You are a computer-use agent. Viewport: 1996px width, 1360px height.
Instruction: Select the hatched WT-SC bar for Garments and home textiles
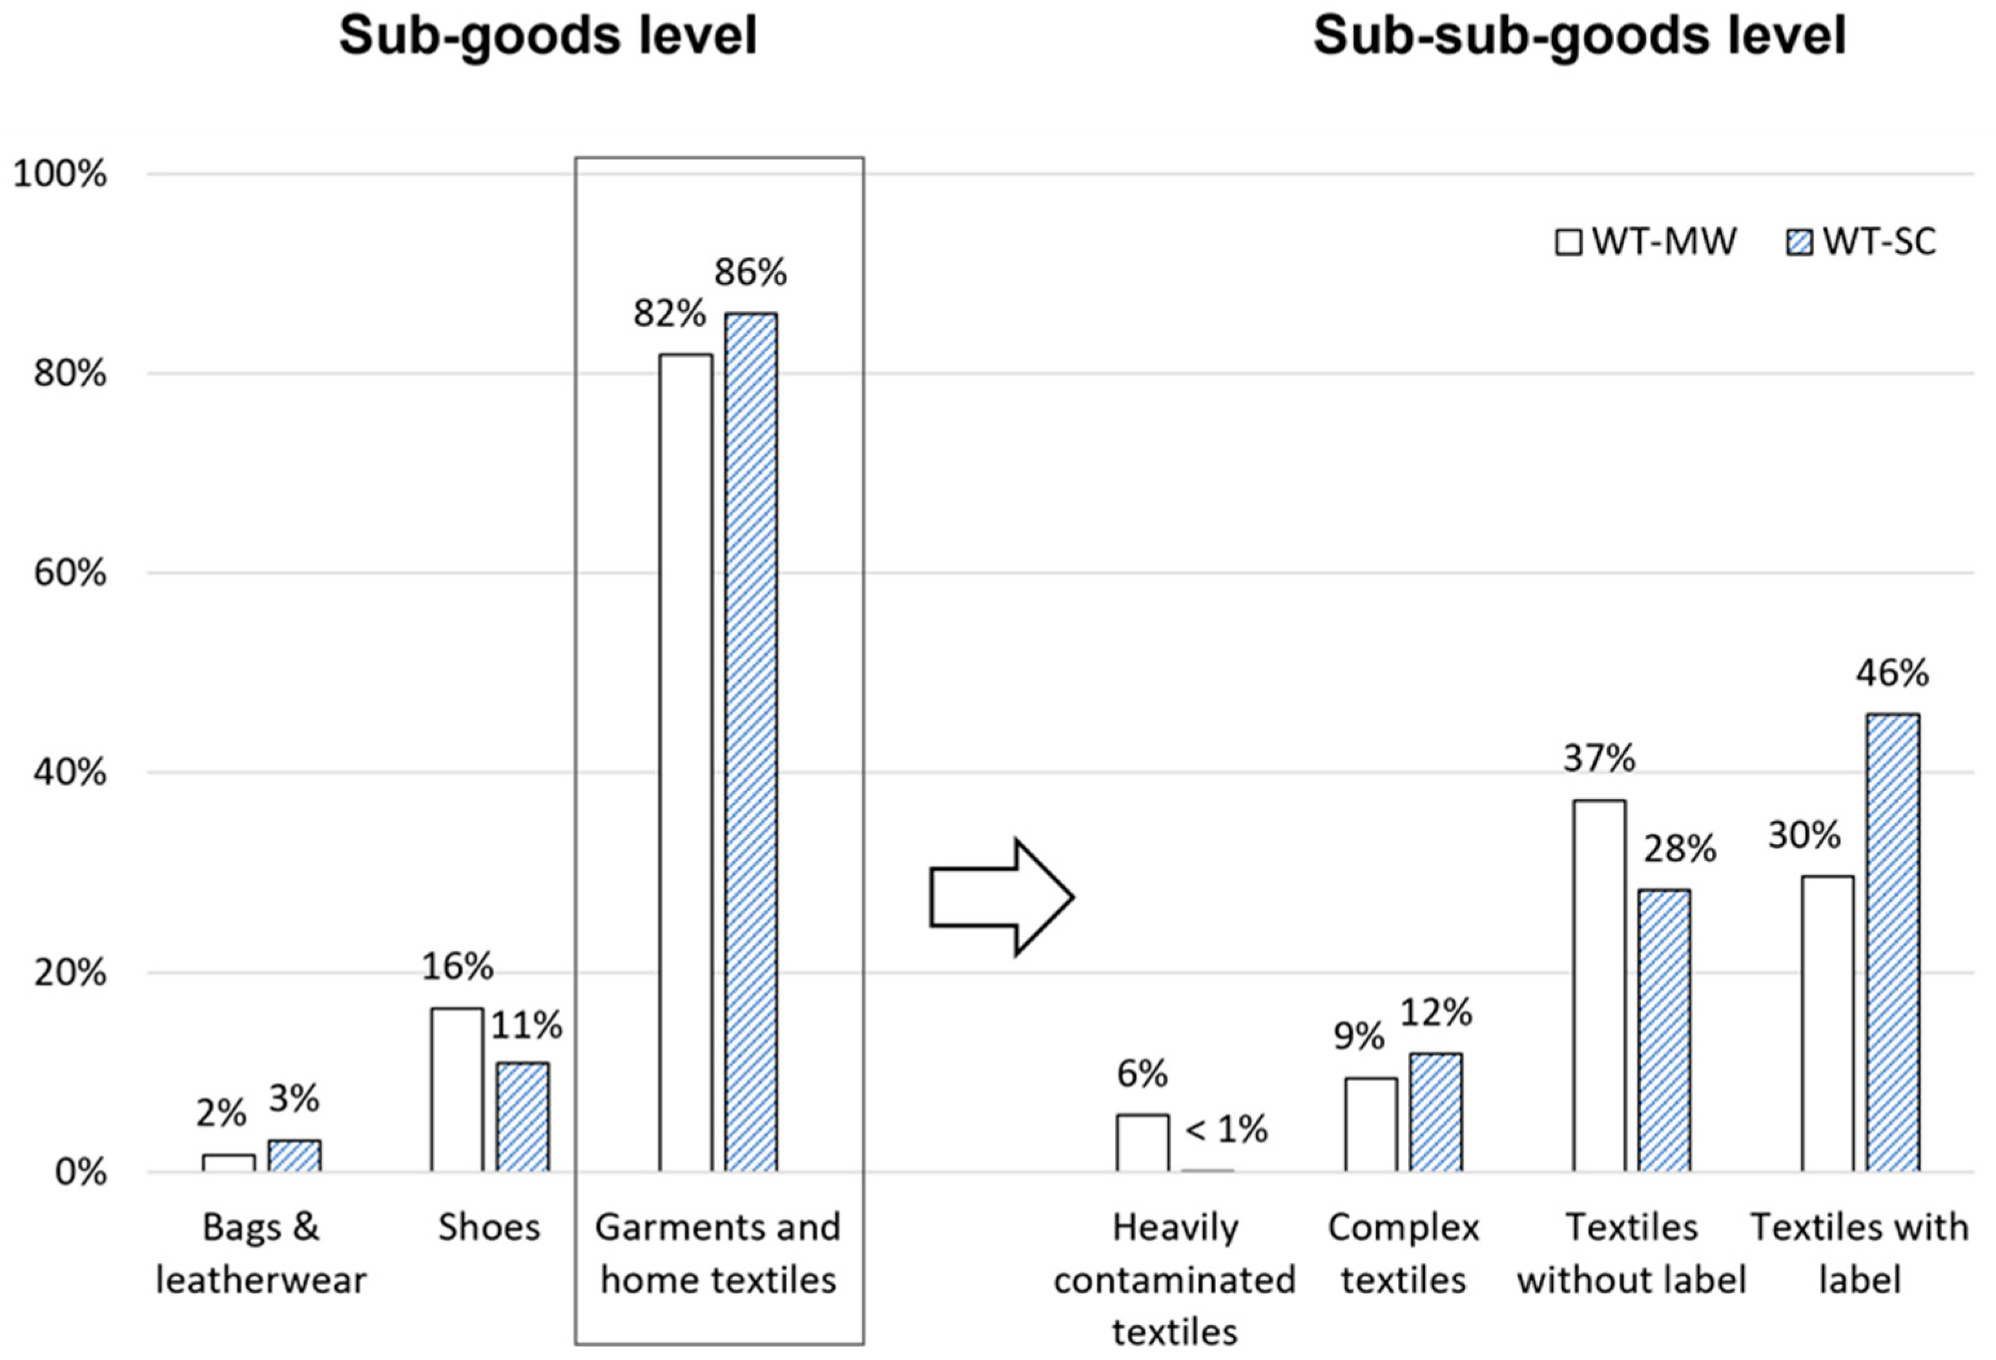(x=750, y=741)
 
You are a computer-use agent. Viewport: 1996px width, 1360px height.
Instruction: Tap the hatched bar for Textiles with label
(x=1893, y=942)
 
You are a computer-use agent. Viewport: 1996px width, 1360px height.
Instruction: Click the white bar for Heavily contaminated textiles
(x=1142, y=1142)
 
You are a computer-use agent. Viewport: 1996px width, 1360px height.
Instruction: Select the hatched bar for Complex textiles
(x=1436, y=1112)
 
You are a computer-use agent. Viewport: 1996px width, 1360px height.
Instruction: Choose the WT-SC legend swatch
(x=1798, y=243)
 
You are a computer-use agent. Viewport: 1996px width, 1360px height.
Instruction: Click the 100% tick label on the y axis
(x=60, y=174)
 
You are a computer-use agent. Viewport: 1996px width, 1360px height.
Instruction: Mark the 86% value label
(x=750, y=273)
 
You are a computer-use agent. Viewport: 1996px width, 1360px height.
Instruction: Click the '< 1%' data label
(x=1226, y=1129)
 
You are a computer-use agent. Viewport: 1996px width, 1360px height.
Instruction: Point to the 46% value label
(x=1892, y=673)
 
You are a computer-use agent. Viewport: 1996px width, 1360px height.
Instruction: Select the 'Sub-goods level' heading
(x=548, y=36)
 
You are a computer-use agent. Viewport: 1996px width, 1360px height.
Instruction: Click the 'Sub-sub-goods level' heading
(x=1579, y=36)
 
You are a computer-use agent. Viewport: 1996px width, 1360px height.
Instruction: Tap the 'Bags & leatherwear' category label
(x=261, y=1253)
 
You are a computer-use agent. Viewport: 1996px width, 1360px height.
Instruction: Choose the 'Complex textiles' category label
(x=1403, y=1253)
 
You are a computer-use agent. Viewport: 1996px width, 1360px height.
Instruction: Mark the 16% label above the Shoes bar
(x=457, y=967)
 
